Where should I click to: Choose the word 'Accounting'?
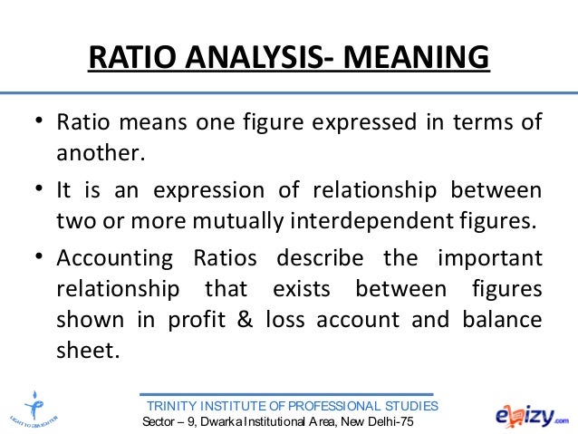113,259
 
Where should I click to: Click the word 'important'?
490,259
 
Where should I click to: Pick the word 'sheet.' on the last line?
87,351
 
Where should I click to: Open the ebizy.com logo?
531,413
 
